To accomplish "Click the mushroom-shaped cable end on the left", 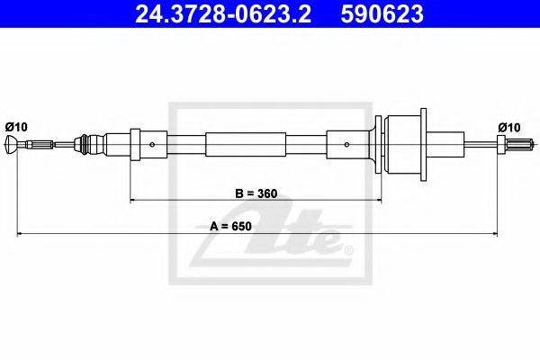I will coord(11,144).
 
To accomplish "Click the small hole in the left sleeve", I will coord(154,144).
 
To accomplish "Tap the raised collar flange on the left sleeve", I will coord(135,144).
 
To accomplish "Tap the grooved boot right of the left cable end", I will coord(88,144).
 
